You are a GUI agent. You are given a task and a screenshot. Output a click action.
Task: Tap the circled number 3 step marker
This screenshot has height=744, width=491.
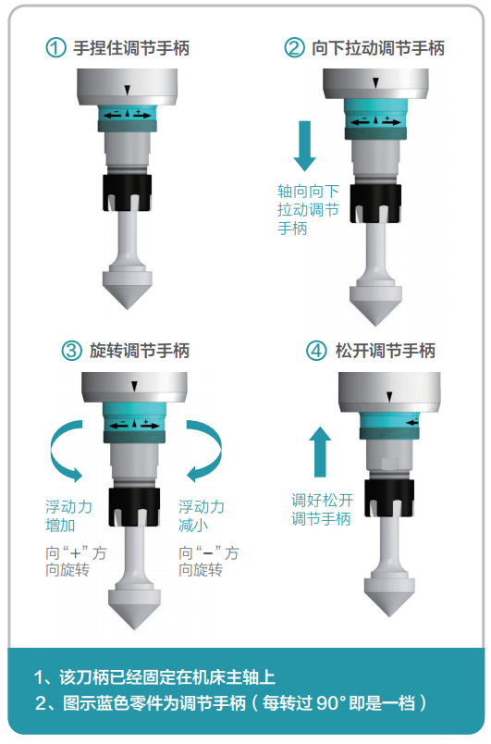[x=73, y=351]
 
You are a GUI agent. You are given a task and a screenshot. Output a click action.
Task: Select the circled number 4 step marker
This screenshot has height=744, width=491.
[x=316, y=351]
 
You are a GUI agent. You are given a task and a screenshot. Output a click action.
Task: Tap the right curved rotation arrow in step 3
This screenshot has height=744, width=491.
[x=204, y=451]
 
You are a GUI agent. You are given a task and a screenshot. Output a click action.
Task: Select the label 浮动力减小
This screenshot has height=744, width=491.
[x=202, y=516]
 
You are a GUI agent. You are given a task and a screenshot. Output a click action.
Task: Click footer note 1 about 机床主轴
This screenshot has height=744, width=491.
[x=154, y=676]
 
